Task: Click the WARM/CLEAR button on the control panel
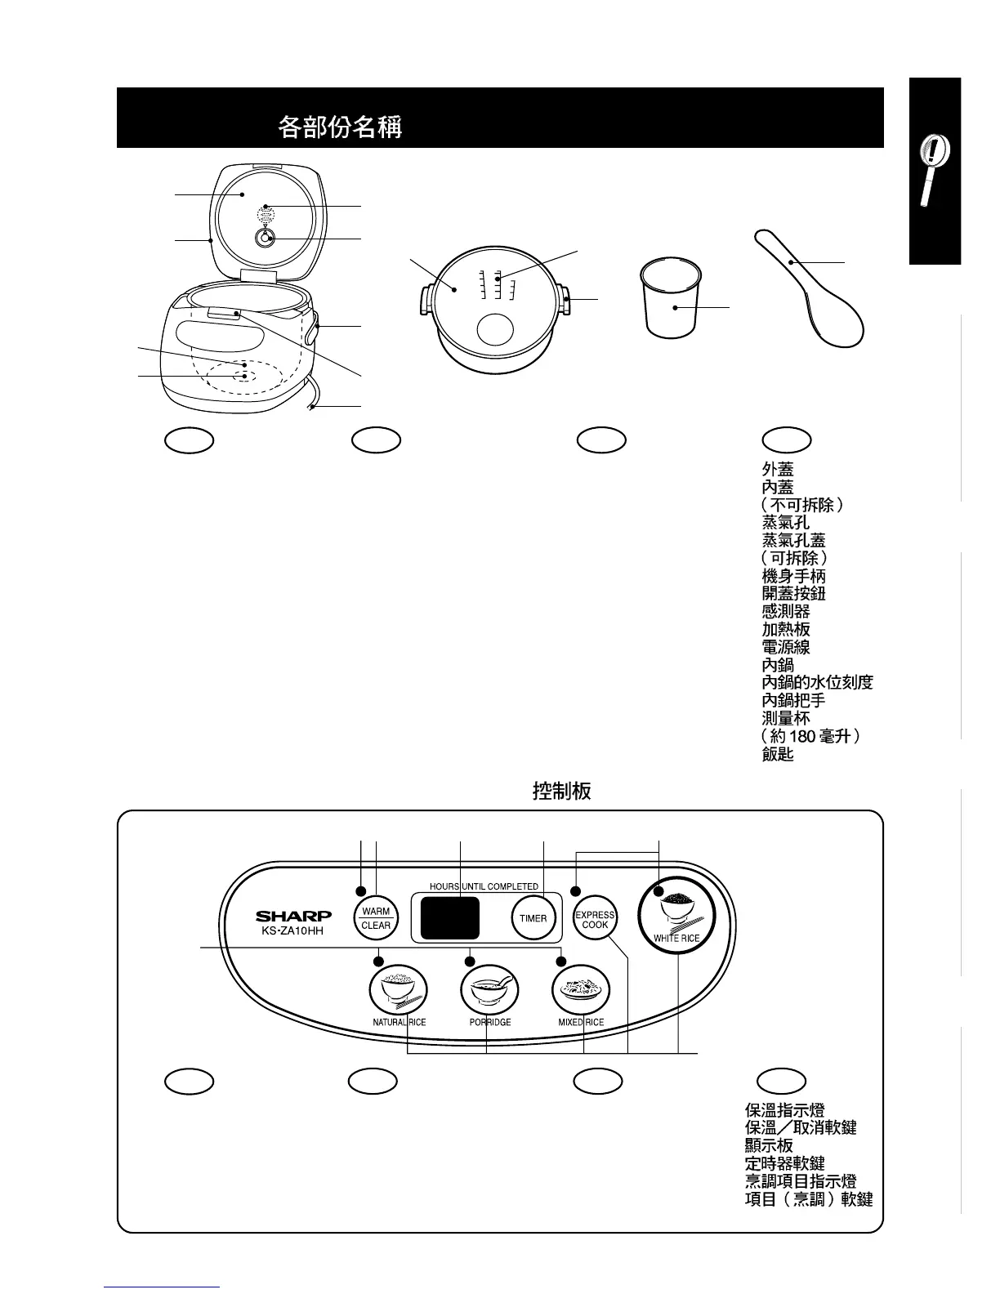coord(376,918)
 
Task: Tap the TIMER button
coord(533,918)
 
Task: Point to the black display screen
coord(449,917)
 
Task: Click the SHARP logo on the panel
coord(293,917)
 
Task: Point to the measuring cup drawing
coord(672,297)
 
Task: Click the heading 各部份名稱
coord(340,127)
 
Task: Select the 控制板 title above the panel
coord(561,791)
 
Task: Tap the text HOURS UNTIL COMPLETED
coord(484,886)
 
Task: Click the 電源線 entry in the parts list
coord(785,647)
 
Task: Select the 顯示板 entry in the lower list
coord(769,1145)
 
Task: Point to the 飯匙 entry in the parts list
coord(778,754)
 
